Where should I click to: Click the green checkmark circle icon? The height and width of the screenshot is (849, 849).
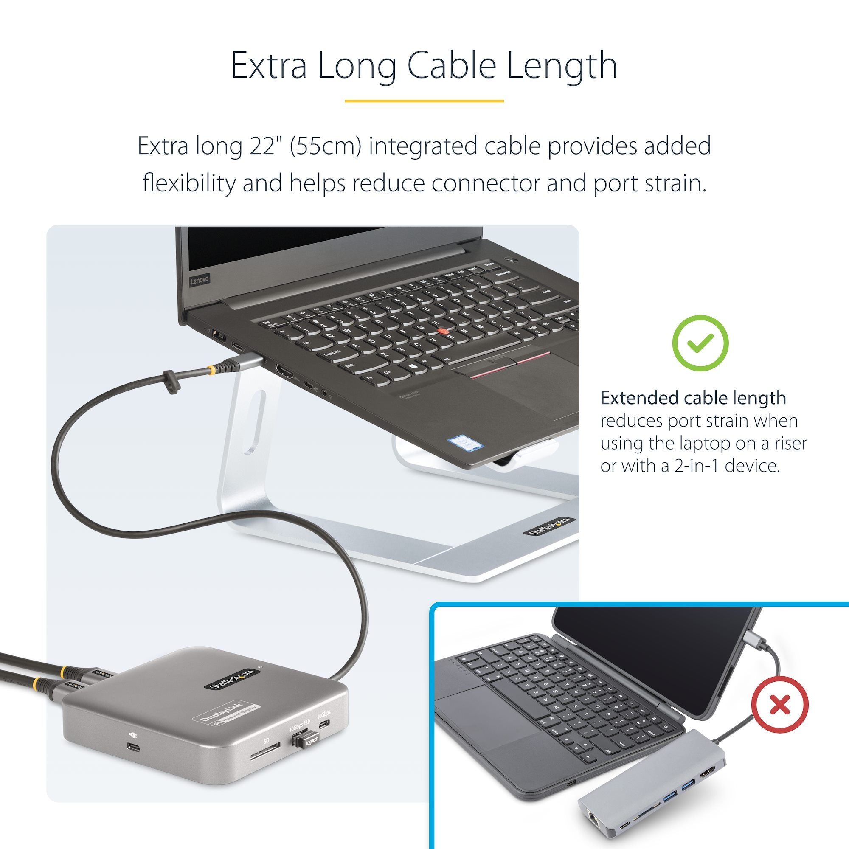(x=700, y=343)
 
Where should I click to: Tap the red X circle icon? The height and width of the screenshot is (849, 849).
(x=780, y=706)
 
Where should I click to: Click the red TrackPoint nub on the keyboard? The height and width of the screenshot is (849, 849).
(x=444, y=330)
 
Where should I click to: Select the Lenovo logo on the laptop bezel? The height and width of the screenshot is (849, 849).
(x=200, y=280)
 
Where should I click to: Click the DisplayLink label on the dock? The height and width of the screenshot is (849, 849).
(x=227, y=715)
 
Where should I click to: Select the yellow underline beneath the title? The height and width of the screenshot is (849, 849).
(x=424, y=101)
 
